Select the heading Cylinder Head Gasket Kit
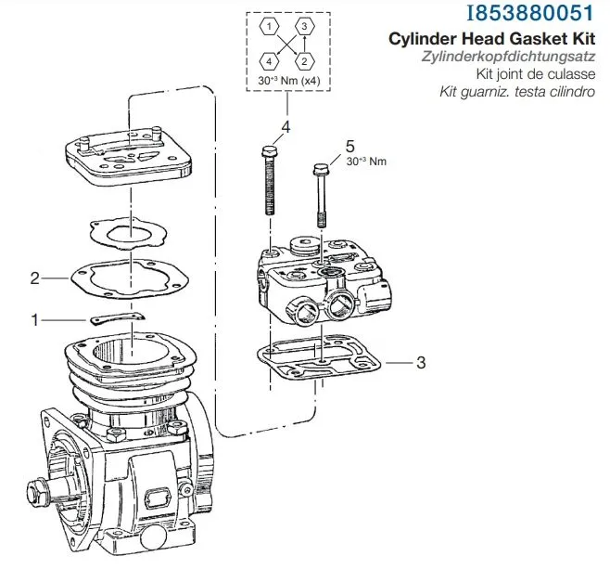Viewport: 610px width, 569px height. [x=496, y=40]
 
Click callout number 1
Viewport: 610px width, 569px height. [x=35, y=320]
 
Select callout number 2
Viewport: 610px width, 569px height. [x=34, y=277]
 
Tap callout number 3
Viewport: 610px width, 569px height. [x=421, y=362]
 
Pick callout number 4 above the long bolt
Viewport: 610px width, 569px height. [x=286, y=127]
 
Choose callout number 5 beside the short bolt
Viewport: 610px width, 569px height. [x=349, y=147]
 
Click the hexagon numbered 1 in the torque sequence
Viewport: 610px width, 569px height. [x=266, y=28]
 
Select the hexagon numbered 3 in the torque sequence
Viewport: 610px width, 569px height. [x=302, y=28]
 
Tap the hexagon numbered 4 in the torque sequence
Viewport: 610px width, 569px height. [x=266, y=61]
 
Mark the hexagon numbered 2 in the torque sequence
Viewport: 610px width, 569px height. [x=302, y=61]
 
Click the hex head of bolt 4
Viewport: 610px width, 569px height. [x=269, y=151]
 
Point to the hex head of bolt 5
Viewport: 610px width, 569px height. [x=322, y=170]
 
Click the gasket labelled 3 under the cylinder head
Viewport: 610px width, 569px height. [x=320, y=368]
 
